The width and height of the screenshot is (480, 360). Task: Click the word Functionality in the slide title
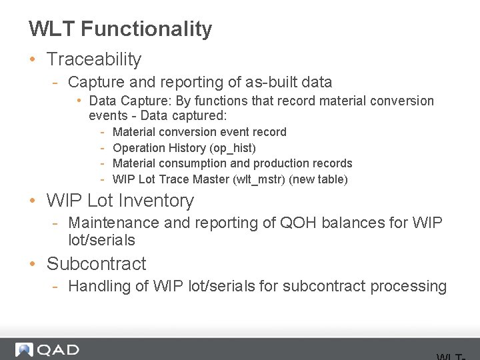(x=147, y=29)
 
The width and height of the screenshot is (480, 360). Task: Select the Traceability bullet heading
(x=94, y=59)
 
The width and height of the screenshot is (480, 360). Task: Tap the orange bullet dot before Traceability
(x=33, y=59)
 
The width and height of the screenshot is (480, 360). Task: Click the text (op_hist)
(x=233, y=148)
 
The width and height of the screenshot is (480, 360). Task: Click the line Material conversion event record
(x=199, y=132)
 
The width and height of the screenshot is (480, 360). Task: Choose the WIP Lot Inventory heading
(x=120, y=201)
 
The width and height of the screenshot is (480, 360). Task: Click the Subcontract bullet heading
(x=96, y=264)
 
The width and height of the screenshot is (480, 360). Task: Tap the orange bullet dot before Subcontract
(x=33, y=264)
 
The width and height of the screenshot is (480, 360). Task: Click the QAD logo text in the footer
(x=58, y=349)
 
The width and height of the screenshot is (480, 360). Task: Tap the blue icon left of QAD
(x=25, y=349)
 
